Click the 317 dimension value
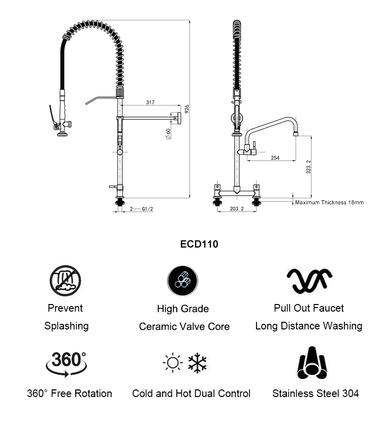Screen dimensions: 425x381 [x=150, y=102]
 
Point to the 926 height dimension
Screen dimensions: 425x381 [x=187, y=108]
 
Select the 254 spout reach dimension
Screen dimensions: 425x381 [x=274, y=158]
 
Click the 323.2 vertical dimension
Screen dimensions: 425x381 [x=308, y=166]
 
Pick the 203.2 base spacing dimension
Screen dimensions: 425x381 [x=237, y=208]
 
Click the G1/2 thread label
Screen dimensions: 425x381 [x=147, y=208]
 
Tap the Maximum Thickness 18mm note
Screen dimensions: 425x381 [x=329, y=202]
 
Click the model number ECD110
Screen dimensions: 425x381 [x=199, y=244]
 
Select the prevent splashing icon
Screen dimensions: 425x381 [x=65, y=280]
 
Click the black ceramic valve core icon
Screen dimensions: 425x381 [x=182, y=281]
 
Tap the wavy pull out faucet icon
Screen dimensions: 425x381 [x=309, y=280]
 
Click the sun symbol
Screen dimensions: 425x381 [x=172, y=363]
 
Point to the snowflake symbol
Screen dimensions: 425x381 [x=197, y=363]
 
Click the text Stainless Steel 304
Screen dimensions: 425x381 [x=315, y=393]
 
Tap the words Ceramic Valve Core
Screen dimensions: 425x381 [x=184, y=326]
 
